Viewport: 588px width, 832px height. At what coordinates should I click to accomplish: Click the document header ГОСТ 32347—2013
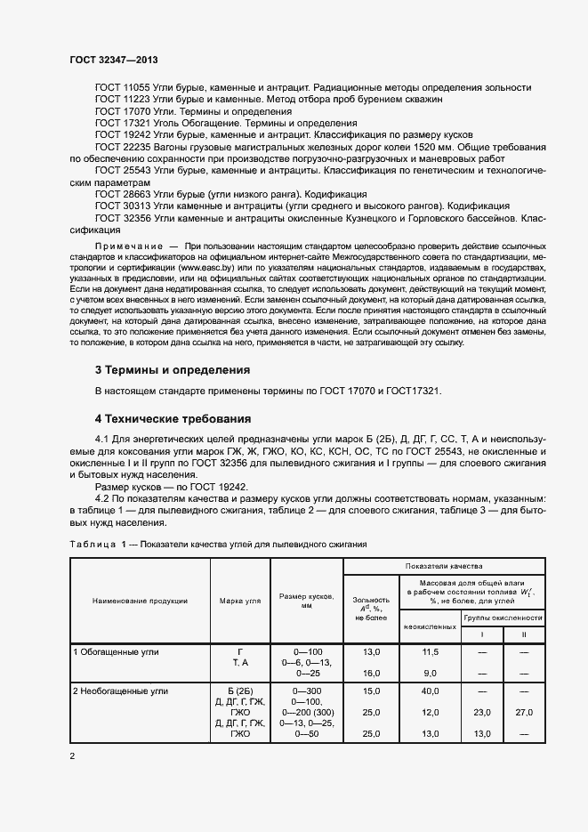point(115,59)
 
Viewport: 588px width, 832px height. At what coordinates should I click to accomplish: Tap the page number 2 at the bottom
point(72,756)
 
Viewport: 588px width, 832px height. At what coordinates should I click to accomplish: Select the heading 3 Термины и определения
point(172,369)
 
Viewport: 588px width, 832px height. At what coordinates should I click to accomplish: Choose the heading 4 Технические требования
point(173,418)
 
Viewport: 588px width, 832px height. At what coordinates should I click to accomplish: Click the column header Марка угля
point(239,601)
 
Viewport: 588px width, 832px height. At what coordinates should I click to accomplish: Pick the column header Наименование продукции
point(140,601)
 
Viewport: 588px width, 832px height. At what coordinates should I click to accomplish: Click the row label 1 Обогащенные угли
point(116,652)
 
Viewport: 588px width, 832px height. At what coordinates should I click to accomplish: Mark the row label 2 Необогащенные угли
point(121,691)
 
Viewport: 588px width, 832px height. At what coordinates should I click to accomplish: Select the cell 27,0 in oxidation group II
point(524,713)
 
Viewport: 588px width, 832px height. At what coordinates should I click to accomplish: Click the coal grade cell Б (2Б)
point(239,691)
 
